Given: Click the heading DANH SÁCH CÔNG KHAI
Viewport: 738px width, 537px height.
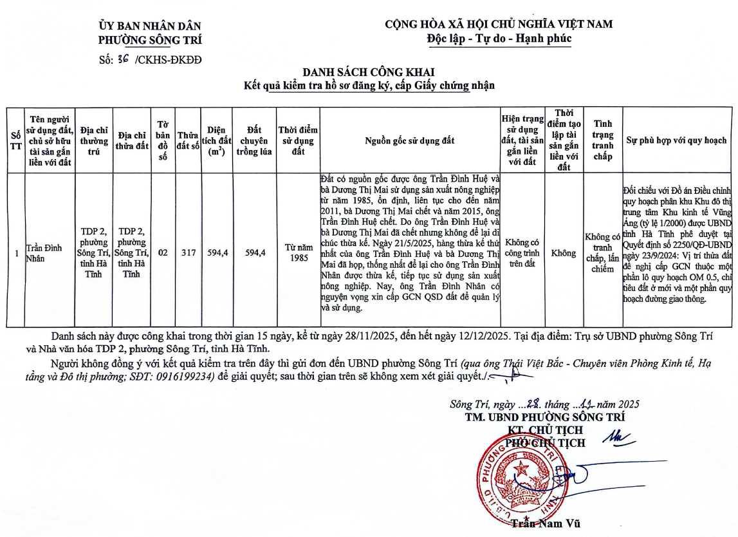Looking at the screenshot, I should [369, 73].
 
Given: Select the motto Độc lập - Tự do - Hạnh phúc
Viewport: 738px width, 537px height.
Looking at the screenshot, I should [499, 38].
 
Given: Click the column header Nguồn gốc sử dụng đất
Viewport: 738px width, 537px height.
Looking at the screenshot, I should [410, 140].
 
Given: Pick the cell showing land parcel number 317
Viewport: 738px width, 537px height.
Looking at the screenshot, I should [188, 253].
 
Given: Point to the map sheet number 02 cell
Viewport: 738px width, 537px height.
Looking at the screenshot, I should [163, 253].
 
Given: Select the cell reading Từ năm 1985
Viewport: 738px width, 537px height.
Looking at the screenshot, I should [299, 253].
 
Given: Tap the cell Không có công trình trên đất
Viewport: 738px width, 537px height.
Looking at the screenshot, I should [522, 253].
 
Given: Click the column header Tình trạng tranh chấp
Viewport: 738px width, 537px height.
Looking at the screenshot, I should [603, 140].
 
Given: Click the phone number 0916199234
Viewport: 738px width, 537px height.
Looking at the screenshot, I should [187, 377].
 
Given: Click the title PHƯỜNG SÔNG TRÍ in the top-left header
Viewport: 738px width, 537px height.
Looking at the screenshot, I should [150, 39].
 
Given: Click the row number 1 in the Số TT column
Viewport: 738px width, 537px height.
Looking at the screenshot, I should [16, 253].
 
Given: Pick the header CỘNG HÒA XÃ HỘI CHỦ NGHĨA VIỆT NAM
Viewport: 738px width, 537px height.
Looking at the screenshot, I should [499, 24].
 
